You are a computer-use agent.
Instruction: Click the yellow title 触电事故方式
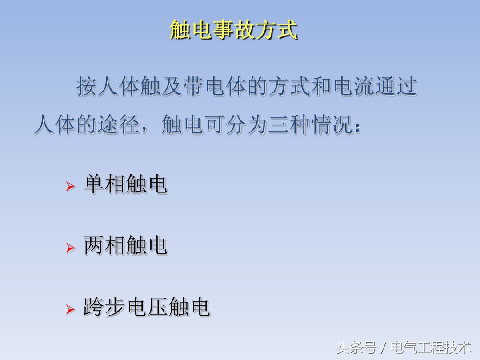234,30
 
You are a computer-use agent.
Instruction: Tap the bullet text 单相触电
125,184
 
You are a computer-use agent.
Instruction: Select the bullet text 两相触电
125,245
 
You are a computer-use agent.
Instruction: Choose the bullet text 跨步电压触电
146,307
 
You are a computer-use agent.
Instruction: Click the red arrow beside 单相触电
70,187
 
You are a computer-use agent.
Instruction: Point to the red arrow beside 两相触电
70,248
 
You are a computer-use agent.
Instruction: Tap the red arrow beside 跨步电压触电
70,309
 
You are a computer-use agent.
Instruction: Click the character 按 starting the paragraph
86,87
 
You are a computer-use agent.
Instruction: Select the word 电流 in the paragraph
354,87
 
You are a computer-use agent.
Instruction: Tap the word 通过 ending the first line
397,87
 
